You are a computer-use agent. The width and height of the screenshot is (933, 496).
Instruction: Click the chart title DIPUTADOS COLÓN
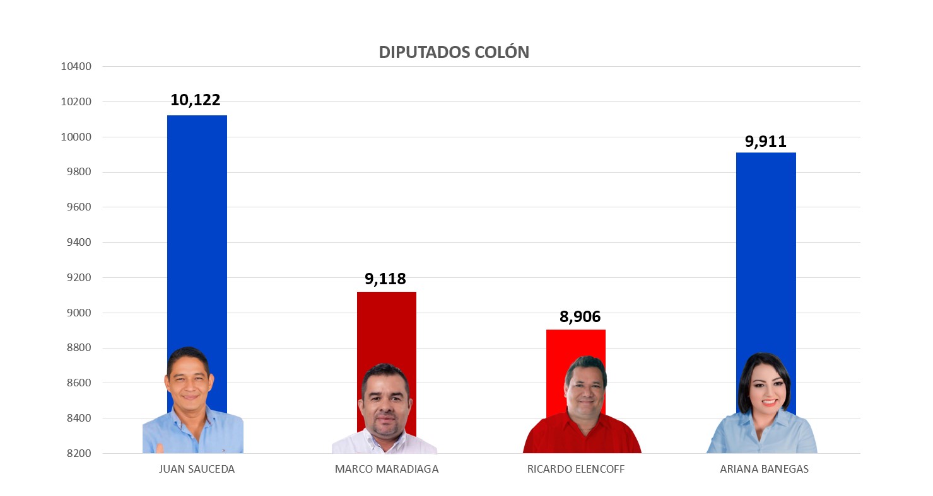[454, 52]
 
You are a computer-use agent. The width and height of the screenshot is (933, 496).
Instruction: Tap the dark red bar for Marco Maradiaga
[386, 328]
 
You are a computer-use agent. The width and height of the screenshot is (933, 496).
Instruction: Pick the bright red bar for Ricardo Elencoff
[575, 343]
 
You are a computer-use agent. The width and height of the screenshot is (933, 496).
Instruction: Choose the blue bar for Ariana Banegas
[766, 252]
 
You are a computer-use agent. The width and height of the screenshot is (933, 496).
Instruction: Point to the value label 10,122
[196, 100]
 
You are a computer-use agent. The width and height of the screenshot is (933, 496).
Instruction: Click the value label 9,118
[385, 279]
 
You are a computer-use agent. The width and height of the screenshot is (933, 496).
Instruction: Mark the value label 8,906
[580, 316]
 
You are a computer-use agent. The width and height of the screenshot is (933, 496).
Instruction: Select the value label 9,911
[766, 141]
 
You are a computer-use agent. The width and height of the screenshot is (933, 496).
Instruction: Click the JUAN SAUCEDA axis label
[197, 469]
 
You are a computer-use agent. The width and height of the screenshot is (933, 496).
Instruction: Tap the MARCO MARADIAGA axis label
[387, 469]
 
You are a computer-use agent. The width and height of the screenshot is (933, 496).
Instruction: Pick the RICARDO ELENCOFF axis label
[576, 469]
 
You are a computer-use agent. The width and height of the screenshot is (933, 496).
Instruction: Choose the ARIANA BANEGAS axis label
[764, 469]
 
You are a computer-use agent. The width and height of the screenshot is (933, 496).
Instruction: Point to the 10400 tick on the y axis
[76, 67]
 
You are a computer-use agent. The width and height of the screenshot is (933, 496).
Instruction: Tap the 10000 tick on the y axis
[76, 137]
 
